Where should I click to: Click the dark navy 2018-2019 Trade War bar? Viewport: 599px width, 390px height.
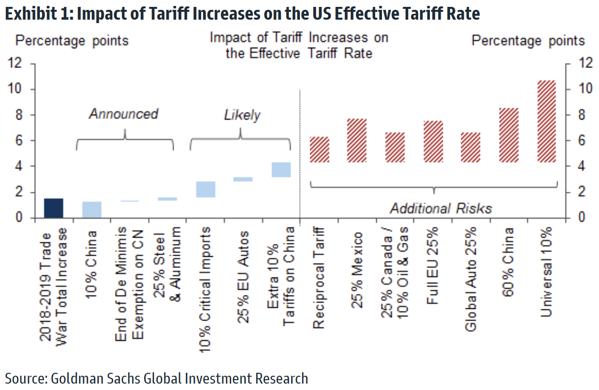tap(53, 208)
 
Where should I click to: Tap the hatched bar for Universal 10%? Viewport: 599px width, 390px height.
tap(546, 121)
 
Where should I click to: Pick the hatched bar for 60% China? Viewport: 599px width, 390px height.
tap(509, 135)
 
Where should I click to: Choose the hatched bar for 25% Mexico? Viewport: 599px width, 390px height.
tap(357, 140)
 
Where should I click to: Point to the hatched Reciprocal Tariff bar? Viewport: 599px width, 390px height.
tap(319, 149)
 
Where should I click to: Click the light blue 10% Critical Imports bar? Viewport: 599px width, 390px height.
tap(205, 189)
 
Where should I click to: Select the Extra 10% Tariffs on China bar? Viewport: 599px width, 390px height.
tap(281, 169)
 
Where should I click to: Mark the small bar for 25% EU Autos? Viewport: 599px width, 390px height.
tap(243, 180)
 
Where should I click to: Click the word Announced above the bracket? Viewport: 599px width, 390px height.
tap(123, 114)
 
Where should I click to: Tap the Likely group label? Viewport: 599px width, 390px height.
tap(241, 116)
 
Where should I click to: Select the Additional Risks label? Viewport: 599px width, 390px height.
tap(441, 208)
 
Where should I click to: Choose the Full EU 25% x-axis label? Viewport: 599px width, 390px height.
tap(433, 266)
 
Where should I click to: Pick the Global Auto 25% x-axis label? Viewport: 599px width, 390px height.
tap(471, 279)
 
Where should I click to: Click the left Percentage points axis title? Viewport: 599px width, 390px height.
tap(72, 40)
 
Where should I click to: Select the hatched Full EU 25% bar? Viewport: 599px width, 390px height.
tap(433, 141)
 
